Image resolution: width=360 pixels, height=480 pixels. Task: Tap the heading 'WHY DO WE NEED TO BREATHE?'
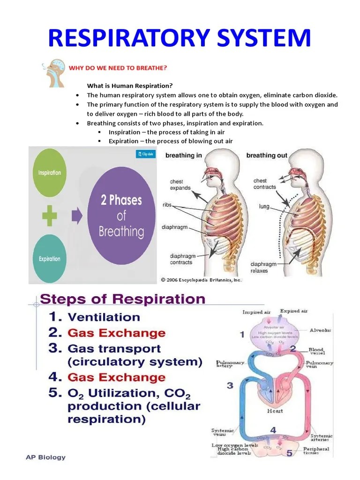pos(118,68)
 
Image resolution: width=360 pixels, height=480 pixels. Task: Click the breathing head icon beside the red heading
pos(53,73)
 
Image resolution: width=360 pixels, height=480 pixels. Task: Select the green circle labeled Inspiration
pos(50,172)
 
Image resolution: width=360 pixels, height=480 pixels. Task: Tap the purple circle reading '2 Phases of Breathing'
pos(122,216)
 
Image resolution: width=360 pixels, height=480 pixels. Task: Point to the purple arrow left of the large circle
pos(76,216)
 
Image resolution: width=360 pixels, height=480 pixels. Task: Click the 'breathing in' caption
pos(184,155)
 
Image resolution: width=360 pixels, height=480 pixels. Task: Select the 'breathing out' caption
pos(267,155)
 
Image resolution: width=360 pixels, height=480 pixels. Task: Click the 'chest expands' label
pos(180,185)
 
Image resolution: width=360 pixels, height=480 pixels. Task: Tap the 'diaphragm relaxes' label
pos(263,268)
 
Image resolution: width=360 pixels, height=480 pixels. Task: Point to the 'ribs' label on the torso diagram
pos(167,205)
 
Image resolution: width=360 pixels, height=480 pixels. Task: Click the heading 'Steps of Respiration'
pos(123,299)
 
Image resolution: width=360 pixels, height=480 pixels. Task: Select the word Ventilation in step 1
pos(104,317)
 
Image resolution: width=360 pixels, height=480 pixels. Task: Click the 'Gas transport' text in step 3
pos(114,349)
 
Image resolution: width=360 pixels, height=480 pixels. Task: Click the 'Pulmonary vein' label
pos(319,365)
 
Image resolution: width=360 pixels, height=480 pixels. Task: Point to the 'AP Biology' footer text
pos(46,457)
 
